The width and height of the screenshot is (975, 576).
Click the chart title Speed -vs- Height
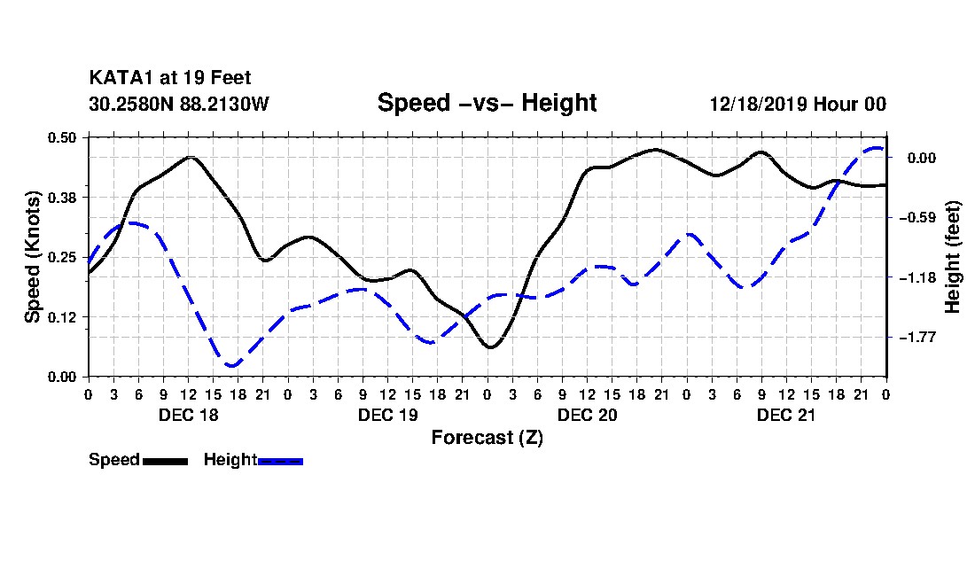click(487, 103)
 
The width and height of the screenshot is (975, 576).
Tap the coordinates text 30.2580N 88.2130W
click(178, 104)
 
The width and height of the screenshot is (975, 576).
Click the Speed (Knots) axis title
click(33, 257)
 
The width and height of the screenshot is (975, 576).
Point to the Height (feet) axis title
click(953, 257)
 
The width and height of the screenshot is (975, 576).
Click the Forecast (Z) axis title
click(487, 437)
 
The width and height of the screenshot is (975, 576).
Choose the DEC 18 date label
click(188, 415)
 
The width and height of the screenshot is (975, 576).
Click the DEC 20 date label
click(587, 415)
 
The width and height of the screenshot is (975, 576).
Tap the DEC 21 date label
click(786, 415)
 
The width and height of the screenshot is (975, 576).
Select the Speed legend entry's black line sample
click(165, 461)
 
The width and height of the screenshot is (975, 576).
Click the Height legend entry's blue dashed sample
click(281, 461)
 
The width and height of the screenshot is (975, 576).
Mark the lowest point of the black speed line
click(490, 347)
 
